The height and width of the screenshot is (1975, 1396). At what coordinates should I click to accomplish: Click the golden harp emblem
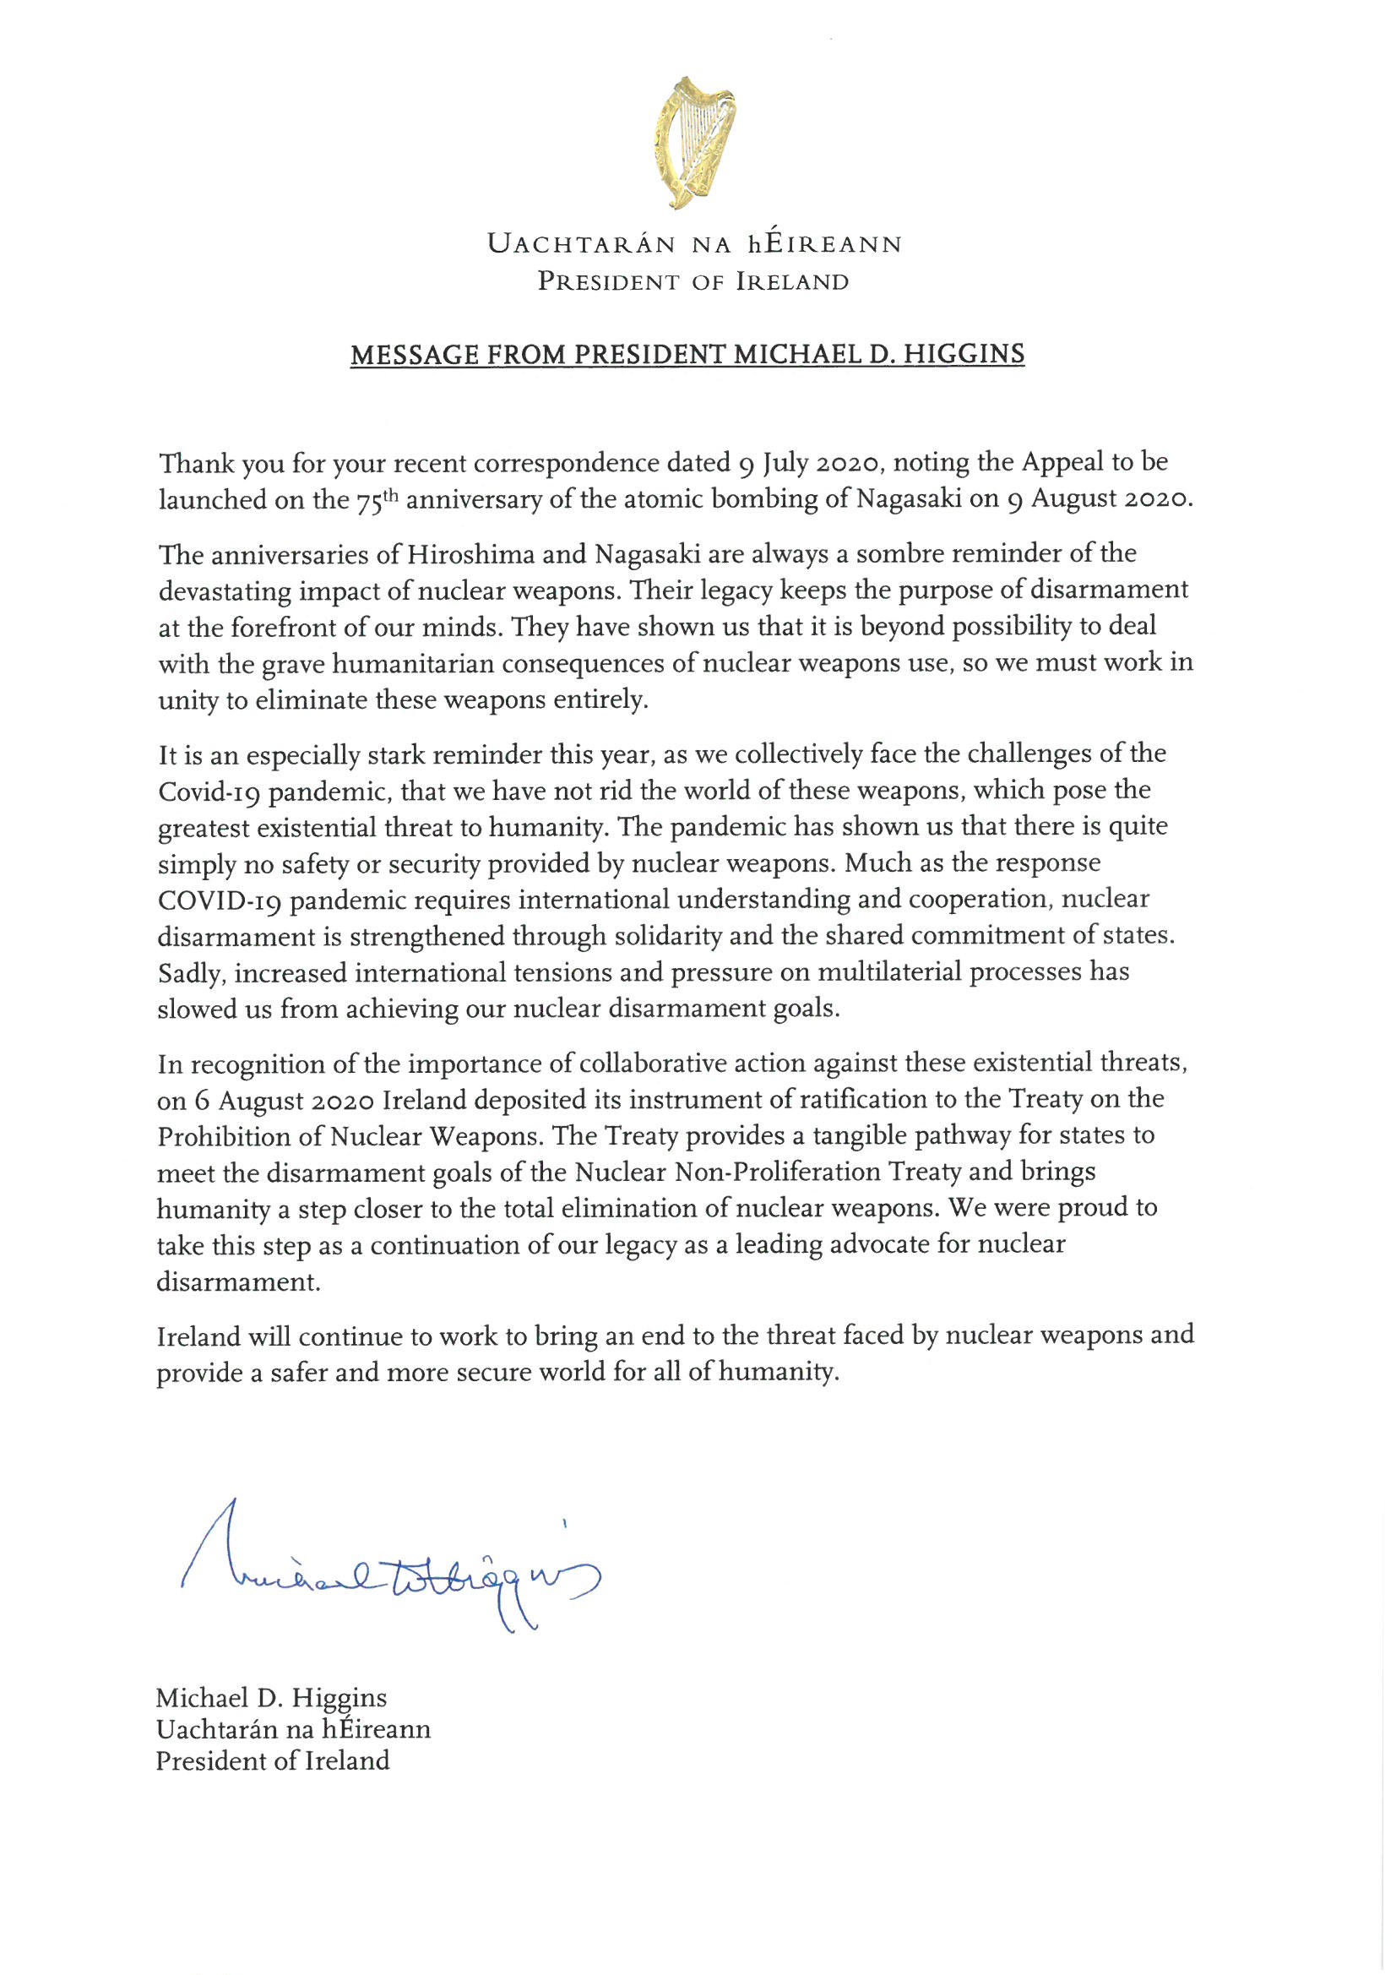[x=694, y=142]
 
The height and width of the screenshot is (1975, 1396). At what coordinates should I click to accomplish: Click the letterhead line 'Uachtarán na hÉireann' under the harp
[x=694, y=244]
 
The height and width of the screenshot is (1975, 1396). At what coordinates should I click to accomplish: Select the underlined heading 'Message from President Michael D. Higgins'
[x=687, y=355]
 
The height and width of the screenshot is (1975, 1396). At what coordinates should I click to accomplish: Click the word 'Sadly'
[x=191, y=973]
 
